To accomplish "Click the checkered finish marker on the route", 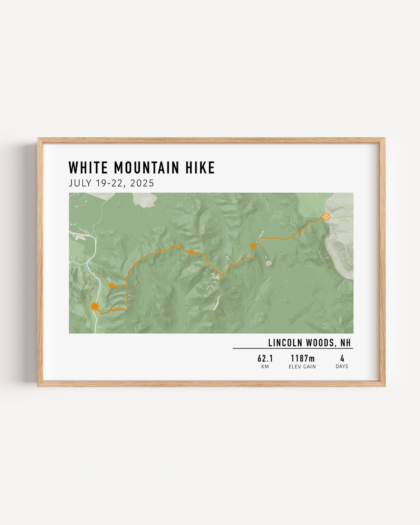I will pyautogui.click(x=326, y=217).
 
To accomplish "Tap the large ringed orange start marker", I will pyautogui.click(x=95, y=306).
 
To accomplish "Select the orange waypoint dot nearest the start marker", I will pyautogui.click(x=111, y=285).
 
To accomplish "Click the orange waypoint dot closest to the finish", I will pyautogui.click(x=253, y=246).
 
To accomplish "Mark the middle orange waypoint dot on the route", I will pyautogui.click(x=191, y=252).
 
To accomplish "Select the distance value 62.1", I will pyautogui.click(x=265, y=358).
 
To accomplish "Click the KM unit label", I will pyautogui.click(x=265, y=367).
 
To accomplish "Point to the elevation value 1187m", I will pyautogui.click(x=302, y=358).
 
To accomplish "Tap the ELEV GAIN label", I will pyautogui.click(x=302, y=367).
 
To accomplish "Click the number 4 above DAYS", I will pyautogui.click(x=342, y=358).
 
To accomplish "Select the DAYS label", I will pyautogui.click(x=342, y=367).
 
